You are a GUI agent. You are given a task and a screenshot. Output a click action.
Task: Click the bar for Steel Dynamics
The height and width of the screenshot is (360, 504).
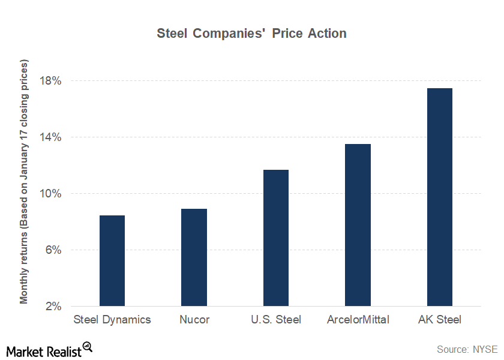click(x=112, y=260)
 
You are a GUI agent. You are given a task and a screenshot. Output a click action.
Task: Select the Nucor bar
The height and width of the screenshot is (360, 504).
click(x=194, y=257)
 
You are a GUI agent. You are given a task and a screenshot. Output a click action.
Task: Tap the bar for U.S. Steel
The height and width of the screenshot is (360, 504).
click(x=276, y=238)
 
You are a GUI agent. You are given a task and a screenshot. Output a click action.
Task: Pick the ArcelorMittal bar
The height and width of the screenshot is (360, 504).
click(x=358, y=225)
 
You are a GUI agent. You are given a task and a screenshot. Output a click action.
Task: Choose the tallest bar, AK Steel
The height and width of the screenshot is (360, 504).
click(x=440, y=197)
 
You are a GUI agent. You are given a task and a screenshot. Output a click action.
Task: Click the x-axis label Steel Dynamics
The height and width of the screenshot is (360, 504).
click(x=112, y=320)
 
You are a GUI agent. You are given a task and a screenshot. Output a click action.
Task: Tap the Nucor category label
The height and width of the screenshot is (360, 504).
click(x=194, y=320)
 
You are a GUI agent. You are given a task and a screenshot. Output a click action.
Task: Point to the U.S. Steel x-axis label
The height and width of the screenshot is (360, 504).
click(x=276, y=320)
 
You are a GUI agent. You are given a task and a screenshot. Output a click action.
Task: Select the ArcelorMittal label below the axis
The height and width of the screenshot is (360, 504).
click(x=358, y=320)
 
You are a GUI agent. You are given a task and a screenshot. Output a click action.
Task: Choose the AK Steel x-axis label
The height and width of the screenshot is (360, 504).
click(x=440, y=320)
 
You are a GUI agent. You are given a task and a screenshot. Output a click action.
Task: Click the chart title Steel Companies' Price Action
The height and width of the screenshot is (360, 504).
click(x=251, y=34)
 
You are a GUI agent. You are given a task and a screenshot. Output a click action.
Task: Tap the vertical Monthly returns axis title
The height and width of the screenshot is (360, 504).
click(x=24, y=181)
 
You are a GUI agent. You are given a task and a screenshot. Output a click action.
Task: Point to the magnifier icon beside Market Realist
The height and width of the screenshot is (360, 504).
click(x=88, y=347)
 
